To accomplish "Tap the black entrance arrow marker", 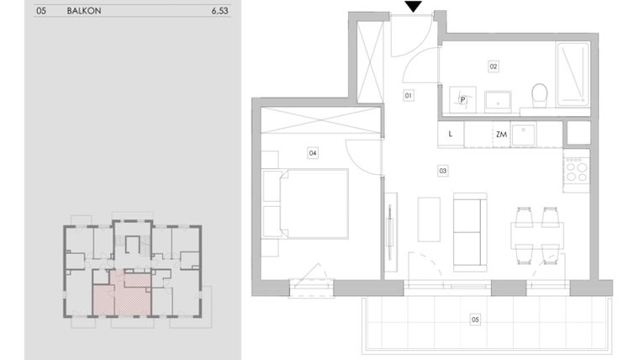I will pos(412,7).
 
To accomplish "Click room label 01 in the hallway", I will pos(408,96).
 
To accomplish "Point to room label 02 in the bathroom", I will pos(494,66).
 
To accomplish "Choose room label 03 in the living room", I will pos(442,171).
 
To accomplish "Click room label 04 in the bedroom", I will pos(312,153).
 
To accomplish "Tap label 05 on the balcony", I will pos(475,320).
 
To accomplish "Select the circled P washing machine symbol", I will pos(463,99).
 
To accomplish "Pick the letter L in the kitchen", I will pos(451,134).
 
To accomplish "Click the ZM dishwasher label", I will pos(501,134).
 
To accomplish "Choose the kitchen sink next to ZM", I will pos(525,133).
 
